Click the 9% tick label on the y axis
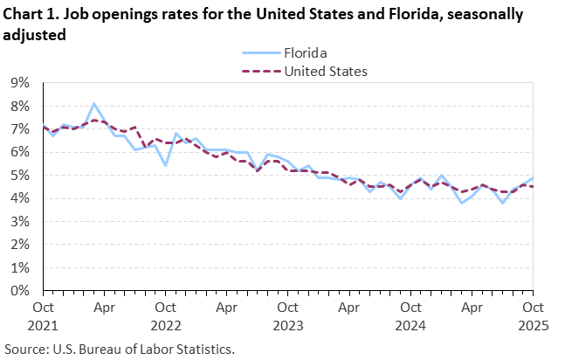(19, 83)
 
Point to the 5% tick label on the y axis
(19, 176)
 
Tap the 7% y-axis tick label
(19, 129)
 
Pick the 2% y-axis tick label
(19, 245)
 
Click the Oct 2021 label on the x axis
(43, 315)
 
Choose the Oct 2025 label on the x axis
(533, 315)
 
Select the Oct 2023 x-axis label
(287, 315)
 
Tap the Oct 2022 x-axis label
(165, 315)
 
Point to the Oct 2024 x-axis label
(410, 315)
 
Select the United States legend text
(326, 70)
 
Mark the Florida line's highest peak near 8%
(94, 103)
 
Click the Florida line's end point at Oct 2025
(533, 177)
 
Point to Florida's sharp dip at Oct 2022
(166, 165)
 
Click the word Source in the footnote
(25, 349)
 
